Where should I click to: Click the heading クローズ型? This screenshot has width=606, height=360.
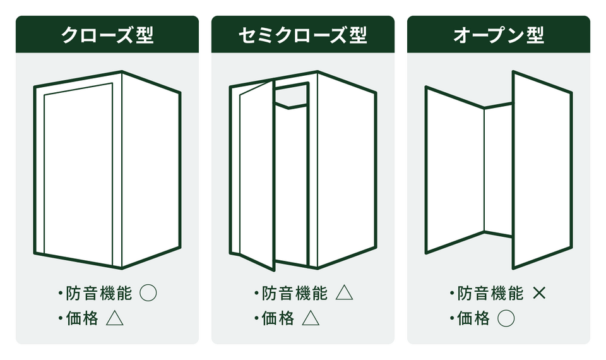tap(107, 35)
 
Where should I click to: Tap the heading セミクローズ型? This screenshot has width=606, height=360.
tap(302, 35)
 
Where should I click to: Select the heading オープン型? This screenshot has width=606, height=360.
tap(499, 35)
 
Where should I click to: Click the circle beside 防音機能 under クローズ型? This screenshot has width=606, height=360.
tap(148, 293)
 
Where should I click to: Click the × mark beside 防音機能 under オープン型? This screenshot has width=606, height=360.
tap(539, 293)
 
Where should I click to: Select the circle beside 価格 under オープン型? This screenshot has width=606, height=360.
tap(506, 318)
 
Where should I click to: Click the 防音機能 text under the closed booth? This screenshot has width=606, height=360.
tap(98, 293)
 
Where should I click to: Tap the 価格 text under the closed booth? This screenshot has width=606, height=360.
tap(82, 318)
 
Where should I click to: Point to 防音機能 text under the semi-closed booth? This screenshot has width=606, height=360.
tap(295, 293)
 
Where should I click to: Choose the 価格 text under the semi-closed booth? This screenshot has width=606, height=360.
tap(278, 318)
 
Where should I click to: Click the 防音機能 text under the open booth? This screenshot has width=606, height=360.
tap(490, 293)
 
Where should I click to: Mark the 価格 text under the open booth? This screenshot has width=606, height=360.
tap(473, 318)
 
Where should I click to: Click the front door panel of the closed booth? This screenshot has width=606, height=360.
tap(78, 174)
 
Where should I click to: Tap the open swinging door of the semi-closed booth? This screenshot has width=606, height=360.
tap(257, 174)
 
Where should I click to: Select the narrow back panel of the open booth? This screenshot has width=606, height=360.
tap(499, 170)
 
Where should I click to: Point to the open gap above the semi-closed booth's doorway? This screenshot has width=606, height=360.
tap(292, 96)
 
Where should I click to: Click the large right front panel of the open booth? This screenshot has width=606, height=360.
tap(542, 169)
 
